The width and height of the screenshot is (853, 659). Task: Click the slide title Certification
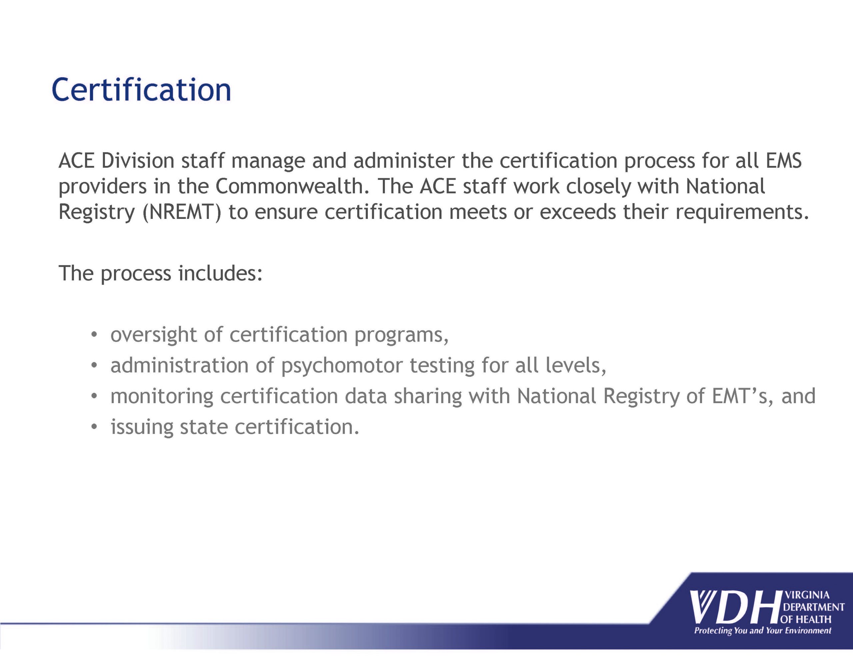point(141,90)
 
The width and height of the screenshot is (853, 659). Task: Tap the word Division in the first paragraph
point(138,161)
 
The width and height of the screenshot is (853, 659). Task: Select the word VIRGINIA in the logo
point(807,595)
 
